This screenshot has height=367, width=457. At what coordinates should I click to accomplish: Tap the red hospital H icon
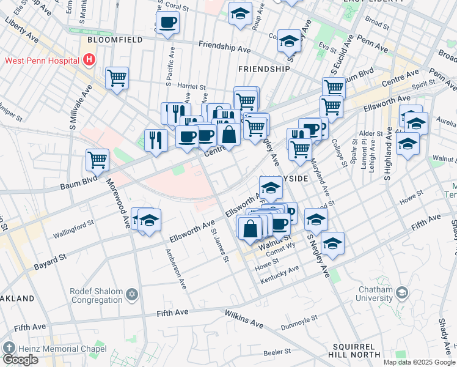pyautogui.click(x=90, y=60)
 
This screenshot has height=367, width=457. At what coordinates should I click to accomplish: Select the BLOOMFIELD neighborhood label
pyautogui.click(x=115, y=40)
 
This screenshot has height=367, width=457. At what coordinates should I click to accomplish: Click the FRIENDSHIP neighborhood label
pyautogui.click(x=264, y=69)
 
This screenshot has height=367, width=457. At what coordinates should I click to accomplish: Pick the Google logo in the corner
pyautogui.click(x=20, y=360)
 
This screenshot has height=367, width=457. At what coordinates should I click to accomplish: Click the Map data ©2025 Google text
pyautogui.click(x=419, y=362)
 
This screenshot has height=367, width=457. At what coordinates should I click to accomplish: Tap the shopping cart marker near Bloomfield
pyautogui.click(x=117, y=78)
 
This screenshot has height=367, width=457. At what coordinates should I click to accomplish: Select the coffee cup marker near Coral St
pyautogui.click(x=167, y=23)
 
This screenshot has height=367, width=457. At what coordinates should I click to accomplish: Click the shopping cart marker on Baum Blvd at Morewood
pyautogui.click(x=97, y=160)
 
